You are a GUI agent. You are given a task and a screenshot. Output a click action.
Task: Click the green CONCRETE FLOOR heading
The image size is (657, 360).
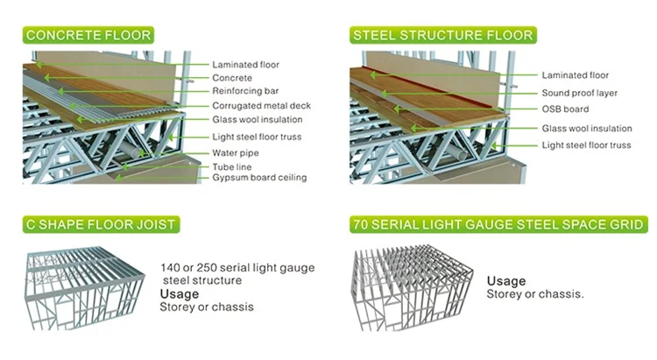(88, 36)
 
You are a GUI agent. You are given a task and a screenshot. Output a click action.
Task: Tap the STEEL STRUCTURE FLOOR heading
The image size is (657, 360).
(442, 36)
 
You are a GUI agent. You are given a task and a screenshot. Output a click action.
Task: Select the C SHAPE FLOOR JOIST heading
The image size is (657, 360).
(100, 225)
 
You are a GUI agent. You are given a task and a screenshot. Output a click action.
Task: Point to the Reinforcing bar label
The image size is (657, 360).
(245, 91)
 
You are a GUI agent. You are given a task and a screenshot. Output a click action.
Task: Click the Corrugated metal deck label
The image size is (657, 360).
(261, 105)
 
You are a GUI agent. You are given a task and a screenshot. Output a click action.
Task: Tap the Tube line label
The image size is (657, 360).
(233, 165)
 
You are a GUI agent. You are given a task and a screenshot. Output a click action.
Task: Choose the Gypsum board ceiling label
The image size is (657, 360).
(259, 178)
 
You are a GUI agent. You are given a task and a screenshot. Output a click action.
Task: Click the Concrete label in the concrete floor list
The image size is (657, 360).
(232, 78)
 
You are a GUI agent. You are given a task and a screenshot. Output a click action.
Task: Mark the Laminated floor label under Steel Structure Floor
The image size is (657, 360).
(575, 75)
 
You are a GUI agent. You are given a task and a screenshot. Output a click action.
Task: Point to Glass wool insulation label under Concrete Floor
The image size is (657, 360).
(258, 119)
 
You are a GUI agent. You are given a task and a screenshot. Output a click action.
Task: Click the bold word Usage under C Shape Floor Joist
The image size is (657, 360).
(179, 293)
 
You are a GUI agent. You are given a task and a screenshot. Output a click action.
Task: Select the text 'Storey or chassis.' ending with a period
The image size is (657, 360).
(534, 293)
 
